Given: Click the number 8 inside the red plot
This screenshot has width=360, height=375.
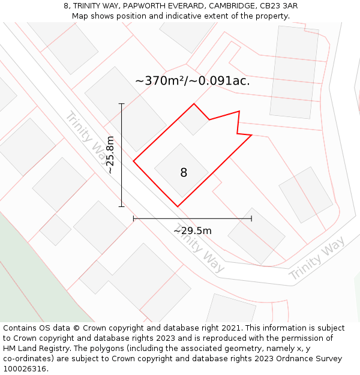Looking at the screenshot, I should tap(184, 173).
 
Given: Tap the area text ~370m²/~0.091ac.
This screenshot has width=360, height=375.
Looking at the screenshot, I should tap(192, 80).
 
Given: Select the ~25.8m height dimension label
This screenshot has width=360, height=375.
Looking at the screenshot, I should tap(110, 155).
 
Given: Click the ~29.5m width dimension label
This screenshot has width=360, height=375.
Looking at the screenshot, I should tap(192, 230).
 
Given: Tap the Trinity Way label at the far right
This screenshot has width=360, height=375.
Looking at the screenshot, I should tap(317, 259).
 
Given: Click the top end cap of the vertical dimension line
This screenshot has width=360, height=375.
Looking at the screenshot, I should tap(121, 104).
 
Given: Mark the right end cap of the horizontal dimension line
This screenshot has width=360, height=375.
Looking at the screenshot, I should tap(251, 218).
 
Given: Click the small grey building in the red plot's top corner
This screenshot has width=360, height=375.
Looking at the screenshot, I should tap(194, 120).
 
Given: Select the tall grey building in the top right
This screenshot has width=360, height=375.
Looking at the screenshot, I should tap(294, 72).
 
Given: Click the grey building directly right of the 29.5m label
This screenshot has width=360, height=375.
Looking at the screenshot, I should tap(256, 236).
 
